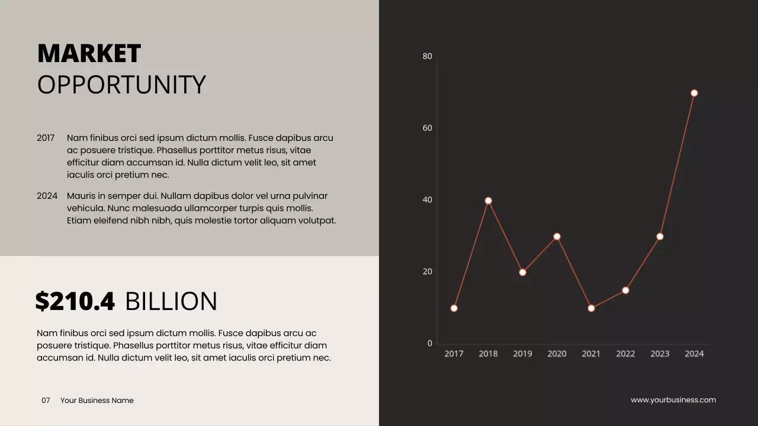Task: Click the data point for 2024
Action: click(x=694, y=93)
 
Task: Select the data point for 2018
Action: click(x=488, y=201)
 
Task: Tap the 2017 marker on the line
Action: click(x=454, y=308)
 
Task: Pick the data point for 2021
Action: click(x=591, y=308)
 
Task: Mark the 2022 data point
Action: click(x=625, y=290)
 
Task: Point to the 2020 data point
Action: click(x=557, y=237)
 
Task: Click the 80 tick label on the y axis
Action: click(x=428, y=56)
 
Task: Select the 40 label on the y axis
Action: click(x=428, y=200)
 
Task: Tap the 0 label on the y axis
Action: click(x=430, y=344)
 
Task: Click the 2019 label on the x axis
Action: click(x=522, y=354)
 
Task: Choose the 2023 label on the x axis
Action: click(x=660, y=354)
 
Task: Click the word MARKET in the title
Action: click(x=89, y=54)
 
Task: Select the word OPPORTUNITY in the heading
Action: click(x=121, y=85)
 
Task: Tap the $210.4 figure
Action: click(x=75, y=302)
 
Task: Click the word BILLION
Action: click(x=171, y=302)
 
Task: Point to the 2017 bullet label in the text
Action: click(x=46, y=138)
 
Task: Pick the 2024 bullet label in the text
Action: click(x=47, y=196)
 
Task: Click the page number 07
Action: click(x=46, y=401)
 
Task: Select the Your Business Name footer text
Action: click(x=97, y=401)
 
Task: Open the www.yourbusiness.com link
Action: click(x=673, y=400)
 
